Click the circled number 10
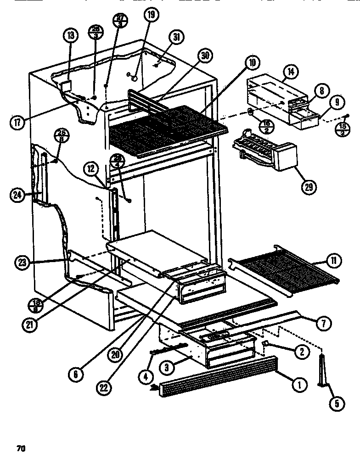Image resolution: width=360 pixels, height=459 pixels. tap(253, 63)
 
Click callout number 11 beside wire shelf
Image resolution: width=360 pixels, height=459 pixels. tap(332, 261)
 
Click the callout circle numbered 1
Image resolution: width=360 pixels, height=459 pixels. tap(299, 386)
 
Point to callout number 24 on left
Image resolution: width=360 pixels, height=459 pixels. tap(16, 195)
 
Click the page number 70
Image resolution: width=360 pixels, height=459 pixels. tap(20, 448)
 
